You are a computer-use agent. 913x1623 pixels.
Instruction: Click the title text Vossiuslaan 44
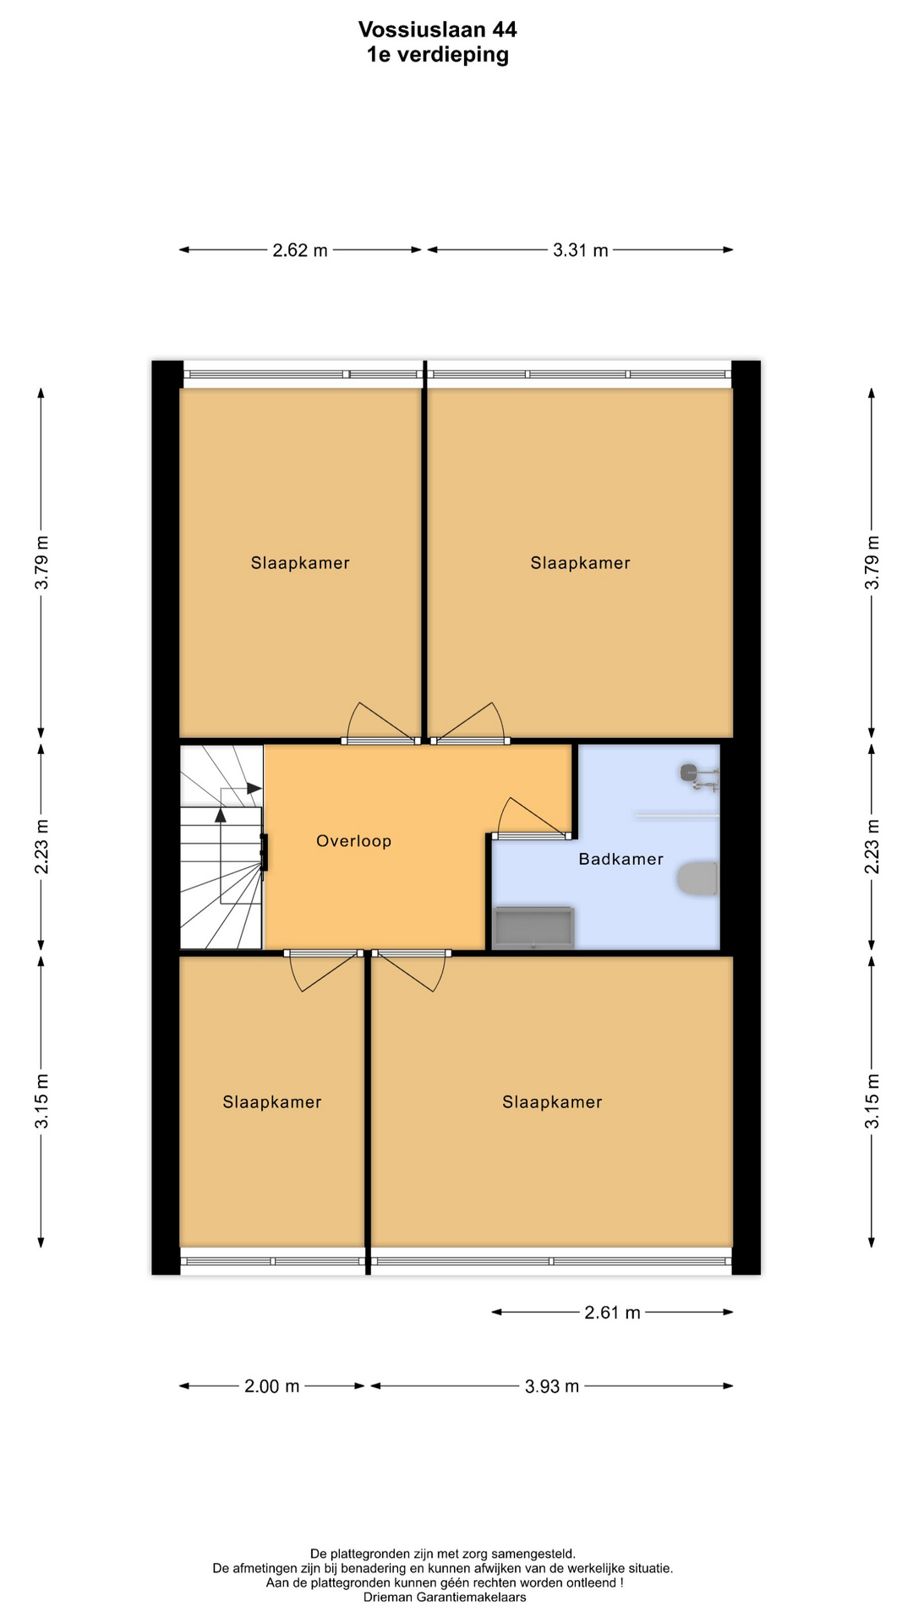pyautogui.click(x=438, y=30)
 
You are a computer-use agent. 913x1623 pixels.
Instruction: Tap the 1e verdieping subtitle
pyautogui.click(x=438, y=55)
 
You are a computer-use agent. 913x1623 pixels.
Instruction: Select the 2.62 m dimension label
pyautogui.click(x=300, y=250)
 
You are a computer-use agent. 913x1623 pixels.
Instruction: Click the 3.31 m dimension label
pyautogui.click(x=581, y=250)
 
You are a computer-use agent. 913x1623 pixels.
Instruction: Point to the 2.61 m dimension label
pyautogui.click(x=613, y=1313)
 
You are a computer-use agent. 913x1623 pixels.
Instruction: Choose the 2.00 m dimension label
pyautogui.click(x=272, y=1386)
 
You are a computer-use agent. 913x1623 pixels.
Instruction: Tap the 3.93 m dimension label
pyautogui.click(x=552, y=1386)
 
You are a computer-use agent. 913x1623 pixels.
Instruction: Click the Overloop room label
pyautogui.click(x=354, y=841)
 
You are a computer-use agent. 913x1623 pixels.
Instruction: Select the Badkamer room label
pyautogui.click(x=621, y=860)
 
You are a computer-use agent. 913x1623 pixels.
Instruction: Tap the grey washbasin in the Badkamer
pyautogui.click(x=533, y=927)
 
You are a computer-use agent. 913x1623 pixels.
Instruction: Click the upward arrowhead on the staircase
pyautogui.click(x=221, y=814)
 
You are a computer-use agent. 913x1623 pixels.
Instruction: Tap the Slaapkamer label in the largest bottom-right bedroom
pyautogui.click(x=552, y=1102)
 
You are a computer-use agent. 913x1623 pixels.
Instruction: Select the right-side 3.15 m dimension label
pyautogui.click(x=872, y=1101)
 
